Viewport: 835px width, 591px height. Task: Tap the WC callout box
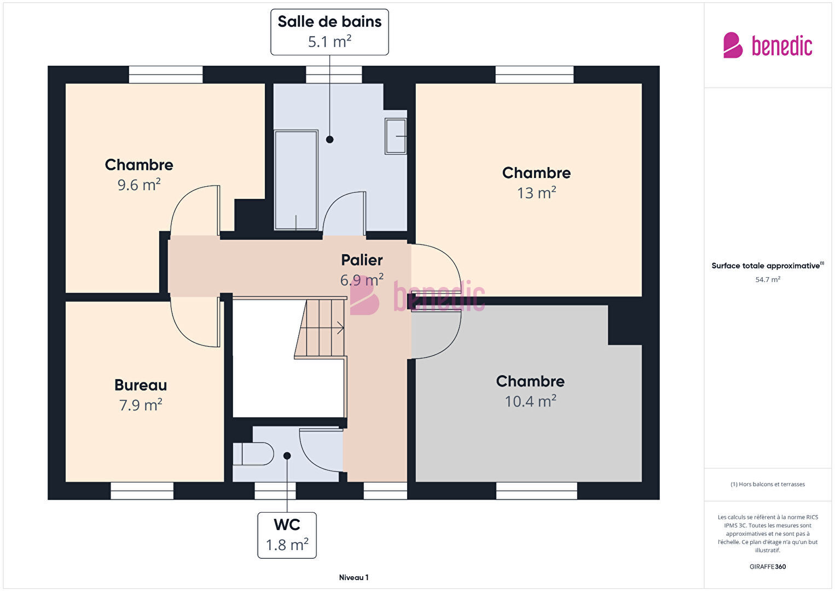coord(287,535)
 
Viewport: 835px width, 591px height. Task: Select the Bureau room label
coord(141,385)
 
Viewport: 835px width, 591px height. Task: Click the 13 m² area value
coord(536,193)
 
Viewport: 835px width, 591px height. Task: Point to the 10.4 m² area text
coord(530,401)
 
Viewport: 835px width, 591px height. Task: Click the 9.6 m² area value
coord(139,185)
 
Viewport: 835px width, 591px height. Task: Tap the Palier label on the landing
coord(362,260)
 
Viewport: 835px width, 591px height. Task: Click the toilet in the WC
coord(253,454)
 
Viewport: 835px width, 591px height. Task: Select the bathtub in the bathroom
coord(296,180)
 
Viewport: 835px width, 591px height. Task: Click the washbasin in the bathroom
coord(396,136)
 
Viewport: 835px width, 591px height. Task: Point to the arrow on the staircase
coord(340,328)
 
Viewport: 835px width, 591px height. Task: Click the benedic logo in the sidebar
coord(768,45)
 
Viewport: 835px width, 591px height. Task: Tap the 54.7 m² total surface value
coord(768,279)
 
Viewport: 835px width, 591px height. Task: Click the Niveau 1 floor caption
coord(354,577)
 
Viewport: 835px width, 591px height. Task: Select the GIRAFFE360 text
coord(768,566)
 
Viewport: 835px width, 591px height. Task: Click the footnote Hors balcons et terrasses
coord(768,484)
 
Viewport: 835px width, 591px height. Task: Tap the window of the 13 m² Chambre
coord(535,74)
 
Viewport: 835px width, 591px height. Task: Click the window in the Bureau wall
coord(142,491)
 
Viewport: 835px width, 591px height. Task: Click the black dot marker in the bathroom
coord(329,140)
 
